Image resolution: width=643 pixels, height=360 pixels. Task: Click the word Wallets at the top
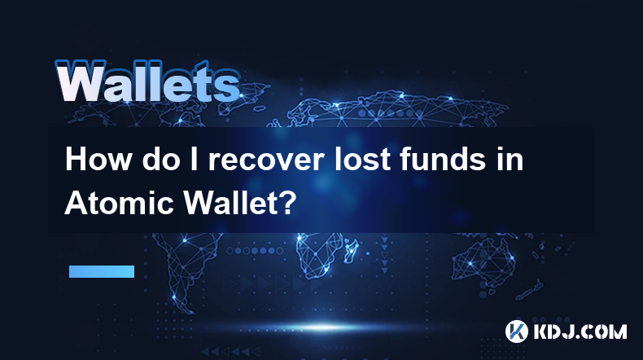click(x=147, y=81)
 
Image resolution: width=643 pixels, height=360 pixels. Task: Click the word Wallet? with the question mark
click(x=238, y=203)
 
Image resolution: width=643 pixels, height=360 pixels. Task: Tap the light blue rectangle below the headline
click(x=102, y=271)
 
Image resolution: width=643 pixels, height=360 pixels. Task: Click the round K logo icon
click(x=516, y=331)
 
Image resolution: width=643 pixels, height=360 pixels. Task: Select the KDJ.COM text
click(x=580, y=331)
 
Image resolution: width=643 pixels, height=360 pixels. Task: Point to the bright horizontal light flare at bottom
click(x=324, y=327)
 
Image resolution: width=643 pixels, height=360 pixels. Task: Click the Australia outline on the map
click(x=484, y=261)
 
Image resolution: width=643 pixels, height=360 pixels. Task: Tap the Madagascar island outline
click(x=352, y=251)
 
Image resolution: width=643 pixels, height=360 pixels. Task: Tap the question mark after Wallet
click(x=287, y=203)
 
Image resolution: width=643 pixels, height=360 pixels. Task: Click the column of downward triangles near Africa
click(x=384, y=254)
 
